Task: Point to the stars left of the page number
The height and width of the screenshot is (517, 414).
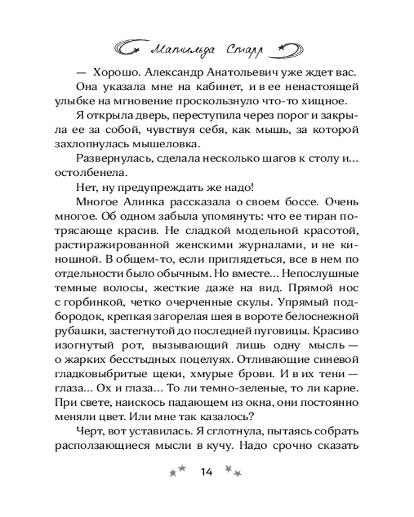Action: [x=178, y=470]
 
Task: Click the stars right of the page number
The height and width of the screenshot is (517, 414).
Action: [x=233, y=470]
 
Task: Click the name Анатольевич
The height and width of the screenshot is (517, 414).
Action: [x=219, y=71]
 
